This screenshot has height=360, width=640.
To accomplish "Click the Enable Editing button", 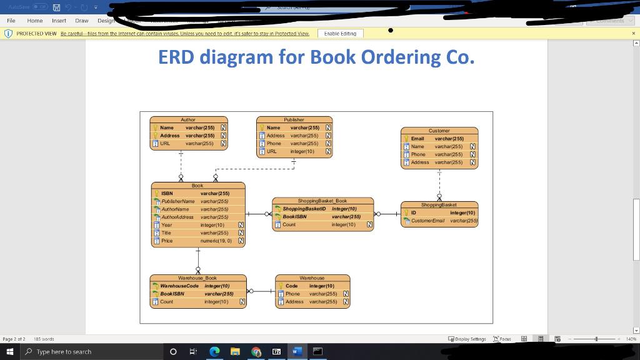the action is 341,34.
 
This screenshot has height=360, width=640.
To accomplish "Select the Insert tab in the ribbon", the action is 59,21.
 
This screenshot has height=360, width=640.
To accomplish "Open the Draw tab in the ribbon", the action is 81,21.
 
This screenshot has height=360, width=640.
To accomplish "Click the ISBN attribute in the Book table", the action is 167,194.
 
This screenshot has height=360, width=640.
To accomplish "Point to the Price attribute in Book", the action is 167,241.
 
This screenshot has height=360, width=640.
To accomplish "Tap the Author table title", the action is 188,119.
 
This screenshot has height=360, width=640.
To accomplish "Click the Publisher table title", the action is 294,119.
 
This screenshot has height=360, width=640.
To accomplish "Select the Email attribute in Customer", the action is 417,139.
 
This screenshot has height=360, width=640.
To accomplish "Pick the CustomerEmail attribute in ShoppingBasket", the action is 428,221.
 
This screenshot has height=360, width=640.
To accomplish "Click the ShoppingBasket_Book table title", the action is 322,201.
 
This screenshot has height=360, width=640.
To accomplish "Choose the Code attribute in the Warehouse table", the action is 291,286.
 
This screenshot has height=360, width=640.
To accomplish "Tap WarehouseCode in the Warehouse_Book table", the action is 179,286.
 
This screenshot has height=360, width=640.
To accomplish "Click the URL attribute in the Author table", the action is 165,143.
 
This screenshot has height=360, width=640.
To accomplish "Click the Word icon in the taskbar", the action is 296,352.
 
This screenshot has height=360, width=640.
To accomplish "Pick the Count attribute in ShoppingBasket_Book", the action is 289,224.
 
